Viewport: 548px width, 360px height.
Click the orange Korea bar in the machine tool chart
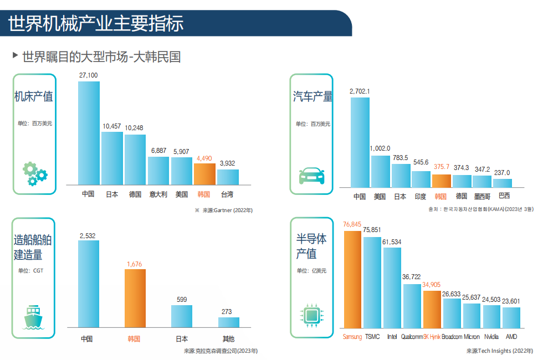[x=204, y=174]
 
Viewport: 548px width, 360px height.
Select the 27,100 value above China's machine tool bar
[x=89, y=75]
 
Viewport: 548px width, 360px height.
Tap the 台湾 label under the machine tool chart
[x=227, y=194]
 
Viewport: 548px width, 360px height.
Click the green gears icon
[x=34, y=173]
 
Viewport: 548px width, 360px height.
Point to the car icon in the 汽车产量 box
[x=312, y=175]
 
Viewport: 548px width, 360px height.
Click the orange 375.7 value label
[x=442, y=167]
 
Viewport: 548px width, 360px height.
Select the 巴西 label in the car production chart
[x=504, y=196]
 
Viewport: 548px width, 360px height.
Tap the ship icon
[x=34, y=317]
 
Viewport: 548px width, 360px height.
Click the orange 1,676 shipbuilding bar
[x=135, y=298]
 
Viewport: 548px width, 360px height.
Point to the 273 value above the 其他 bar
[x=227, y=312]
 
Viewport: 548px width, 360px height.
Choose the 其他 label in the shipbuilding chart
[x=228, y=338]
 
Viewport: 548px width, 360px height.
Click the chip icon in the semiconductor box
[x=312, y=316]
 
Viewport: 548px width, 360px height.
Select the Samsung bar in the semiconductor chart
[x=352, y=279]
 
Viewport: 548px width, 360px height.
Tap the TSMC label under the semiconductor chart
[x=372, y=337]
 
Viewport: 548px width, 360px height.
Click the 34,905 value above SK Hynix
[x=432, y=285]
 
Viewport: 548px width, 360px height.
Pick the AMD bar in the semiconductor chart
[x=511, y=317]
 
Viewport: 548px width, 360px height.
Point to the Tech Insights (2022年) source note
[x=499, y=351]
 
